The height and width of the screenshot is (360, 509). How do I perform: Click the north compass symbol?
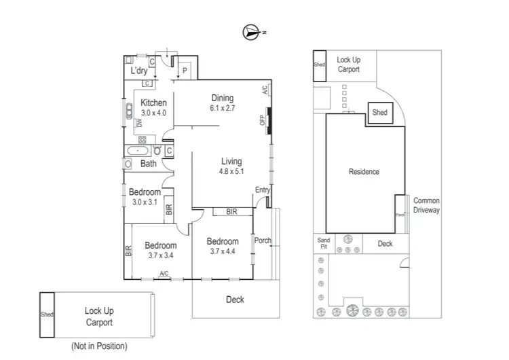(252, 31)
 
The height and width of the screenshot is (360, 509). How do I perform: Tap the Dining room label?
(222, 98)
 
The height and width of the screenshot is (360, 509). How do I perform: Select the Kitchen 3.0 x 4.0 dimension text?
(153, 113)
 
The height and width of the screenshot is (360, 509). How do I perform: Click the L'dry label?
(139, 71)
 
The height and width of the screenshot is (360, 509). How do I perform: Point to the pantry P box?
(184, 69)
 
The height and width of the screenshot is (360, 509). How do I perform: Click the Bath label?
(148, 164)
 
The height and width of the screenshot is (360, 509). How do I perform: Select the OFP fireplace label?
(263, 121)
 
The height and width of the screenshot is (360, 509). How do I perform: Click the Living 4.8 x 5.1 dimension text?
(231, 172)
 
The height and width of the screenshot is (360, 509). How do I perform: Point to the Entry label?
(262, 190)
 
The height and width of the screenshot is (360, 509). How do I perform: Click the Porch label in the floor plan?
(263, 240)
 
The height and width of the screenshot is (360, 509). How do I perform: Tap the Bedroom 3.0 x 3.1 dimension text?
(144, 202)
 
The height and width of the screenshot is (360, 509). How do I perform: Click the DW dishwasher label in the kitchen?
(138, 123)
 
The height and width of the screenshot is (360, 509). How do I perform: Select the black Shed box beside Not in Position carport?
(47, 314)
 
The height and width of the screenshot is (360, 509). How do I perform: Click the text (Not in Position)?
(98, 346)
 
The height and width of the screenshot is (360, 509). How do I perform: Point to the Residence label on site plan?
(364, 172)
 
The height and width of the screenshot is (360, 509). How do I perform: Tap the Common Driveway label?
(427, 206)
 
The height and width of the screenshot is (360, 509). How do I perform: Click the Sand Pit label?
(324, 244)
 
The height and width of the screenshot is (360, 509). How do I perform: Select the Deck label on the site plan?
(385, 244)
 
